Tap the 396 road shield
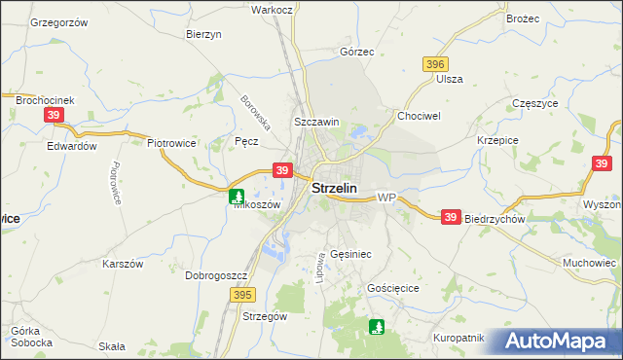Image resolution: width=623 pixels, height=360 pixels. coord(435,64)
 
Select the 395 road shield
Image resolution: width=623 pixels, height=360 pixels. coord(242,293)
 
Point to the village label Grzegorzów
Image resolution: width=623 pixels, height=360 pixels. coord(58,21)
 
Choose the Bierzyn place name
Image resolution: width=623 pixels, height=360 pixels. coord(204,33)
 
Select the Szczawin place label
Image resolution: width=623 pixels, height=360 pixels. coord(316,123)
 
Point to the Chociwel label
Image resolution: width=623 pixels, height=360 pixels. coord(420,115)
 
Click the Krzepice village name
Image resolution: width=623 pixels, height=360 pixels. coord(496,140)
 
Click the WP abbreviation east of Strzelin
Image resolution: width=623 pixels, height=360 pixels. coord(386,198)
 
